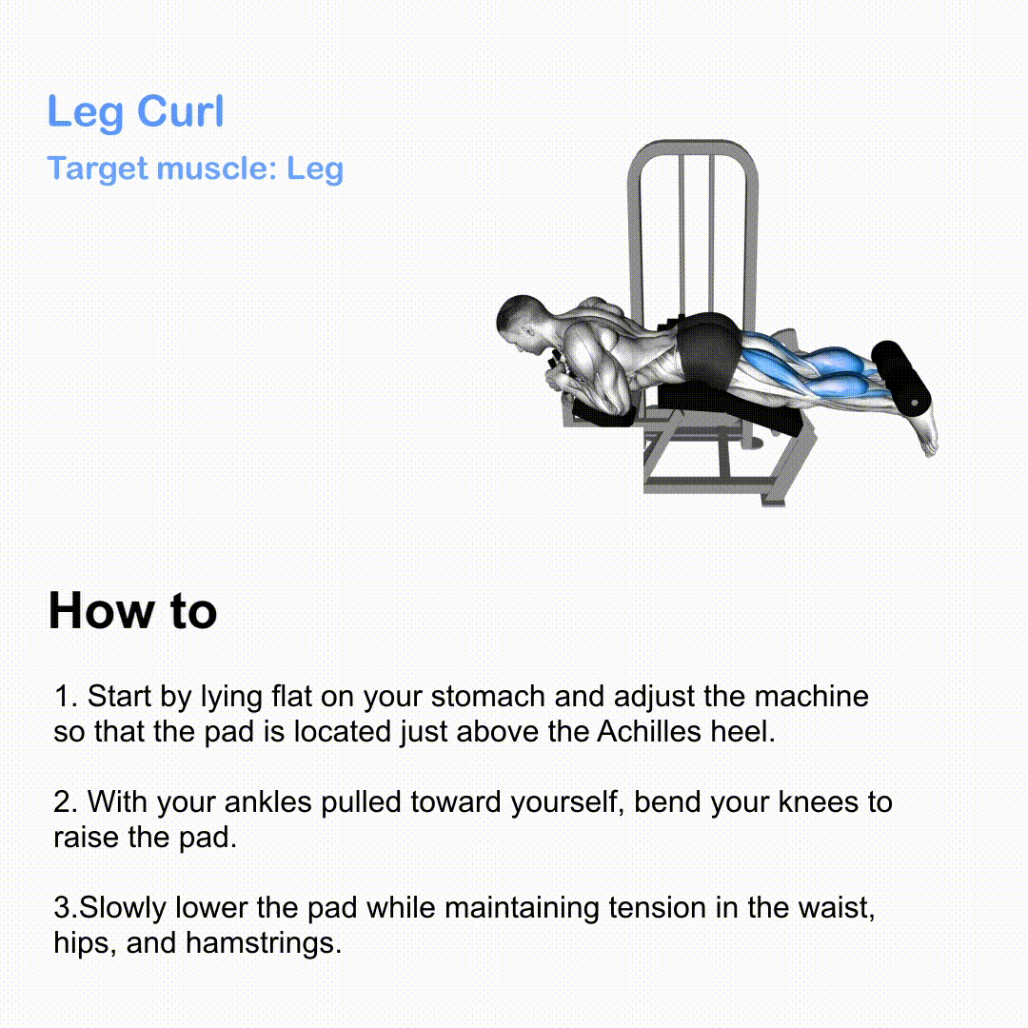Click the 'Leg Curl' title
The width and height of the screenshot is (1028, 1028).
tap(136, 111)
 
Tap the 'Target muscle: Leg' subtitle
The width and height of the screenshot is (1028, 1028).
tap(195, 168)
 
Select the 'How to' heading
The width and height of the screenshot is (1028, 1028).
tap(132, 611)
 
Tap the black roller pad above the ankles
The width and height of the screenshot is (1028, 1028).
tap(901, 378)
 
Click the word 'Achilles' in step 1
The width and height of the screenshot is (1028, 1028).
tap(649, 732)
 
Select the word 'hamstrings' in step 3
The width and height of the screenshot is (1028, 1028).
tap(263, 943)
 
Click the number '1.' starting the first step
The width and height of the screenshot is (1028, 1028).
tap(67, 697)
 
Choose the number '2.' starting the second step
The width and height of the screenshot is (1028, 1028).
tap(67, 802)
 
